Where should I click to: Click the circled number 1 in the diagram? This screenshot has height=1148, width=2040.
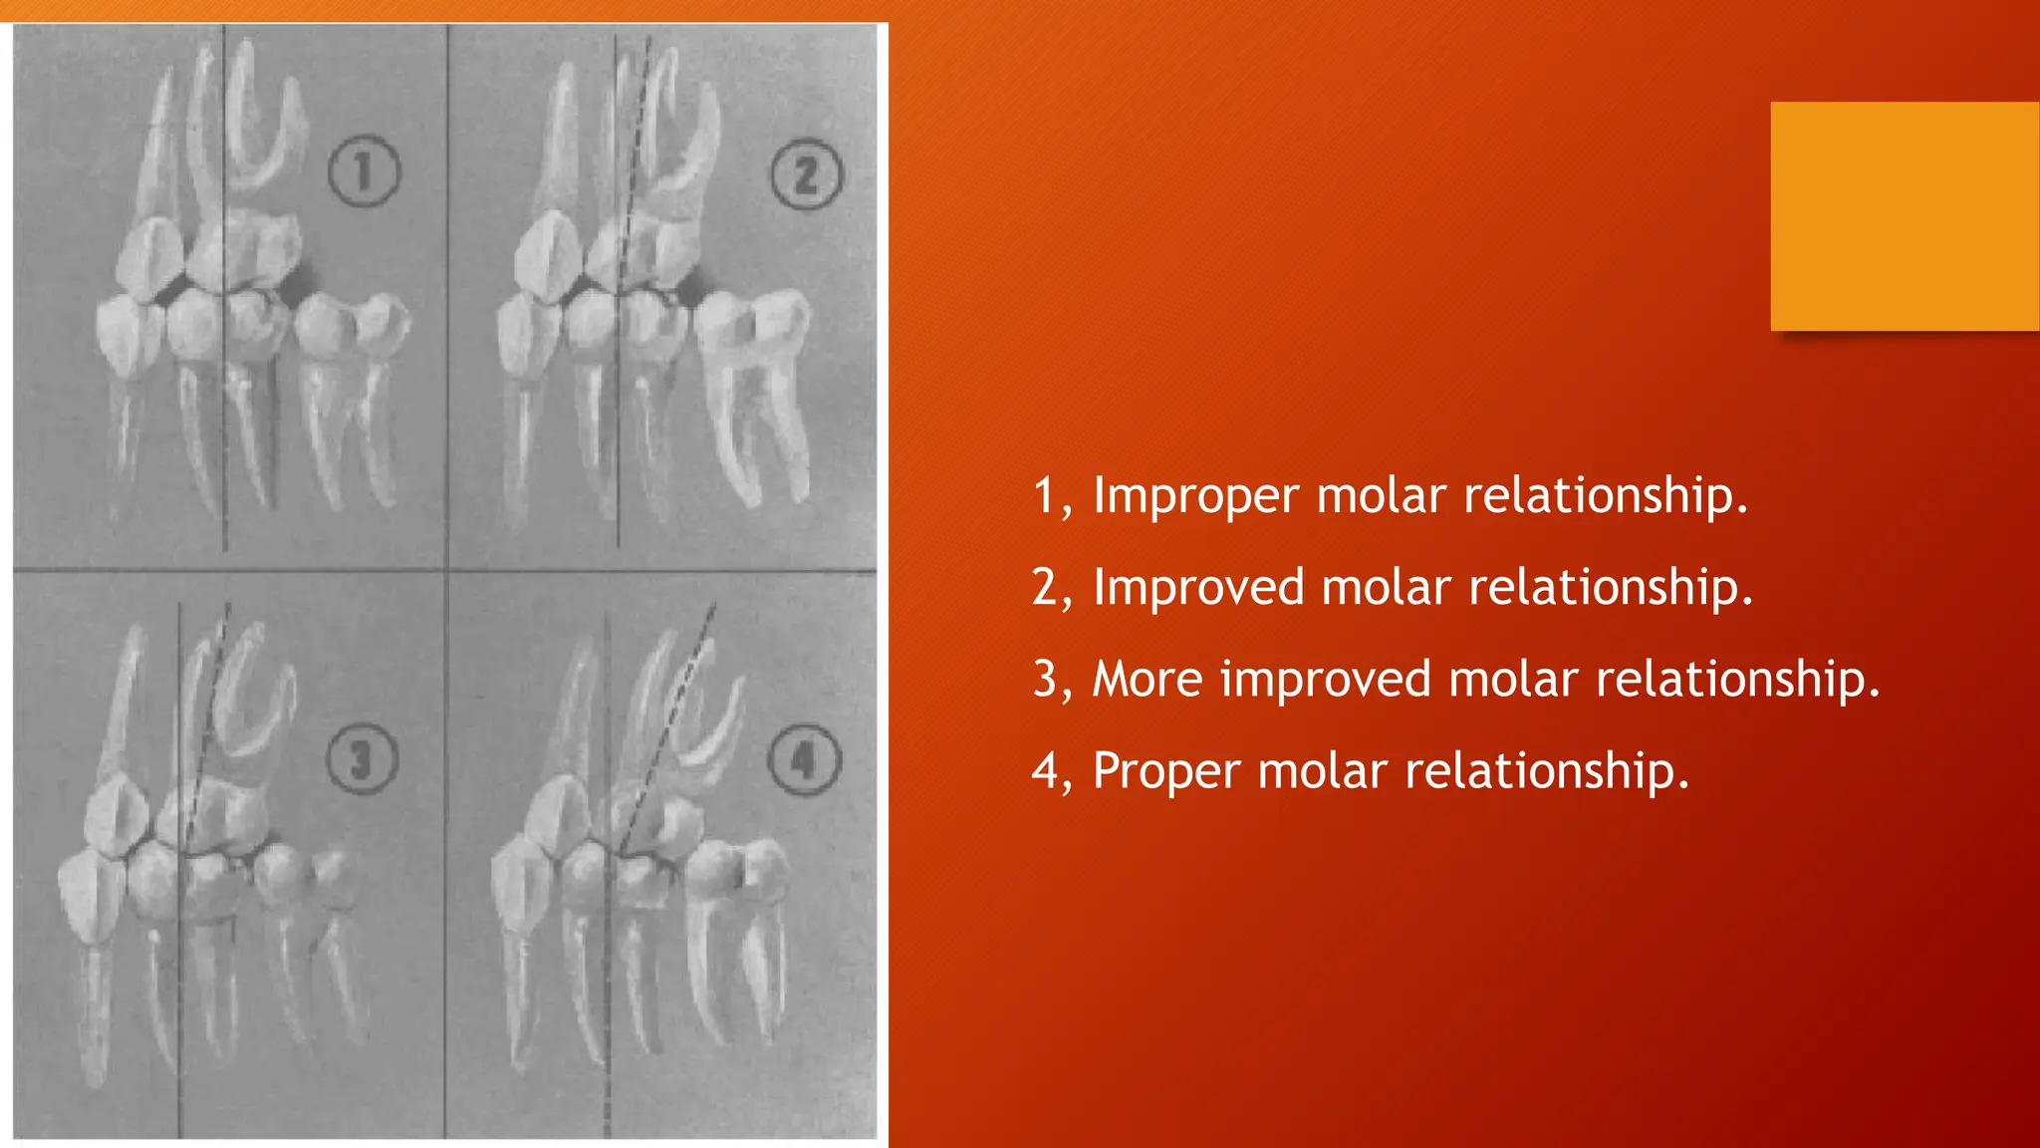(364, 171)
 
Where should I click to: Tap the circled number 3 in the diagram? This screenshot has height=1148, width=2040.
(363, 759)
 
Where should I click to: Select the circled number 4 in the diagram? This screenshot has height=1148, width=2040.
(804, 760)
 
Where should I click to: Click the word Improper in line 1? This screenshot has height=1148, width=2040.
(1195, 496)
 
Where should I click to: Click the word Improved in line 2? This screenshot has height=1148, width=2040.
(1198, 588)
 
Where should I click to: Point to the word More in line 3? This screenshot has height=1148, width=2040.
(1147, 680)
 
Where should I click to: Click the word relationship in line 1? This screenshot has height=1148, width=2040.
(1606, 496)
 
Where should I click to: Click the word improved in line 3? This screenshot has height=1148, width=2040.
(1325, 680)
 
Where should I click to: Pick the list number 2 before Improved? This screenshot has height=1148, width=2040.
(1045, 588)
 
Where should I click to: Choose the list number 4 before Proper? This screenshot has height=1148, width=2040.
(1045, 772)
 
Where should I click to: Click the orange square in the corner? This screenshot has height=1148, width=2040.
(1905, 215)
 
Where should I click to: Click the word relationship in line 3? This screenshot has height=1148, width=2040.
(1737, 680)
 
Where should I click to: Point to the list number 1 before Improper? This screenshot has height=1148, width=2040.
(1045, 496)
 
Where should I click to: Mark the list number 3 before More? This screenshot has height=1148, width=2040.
(1045, 680)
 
